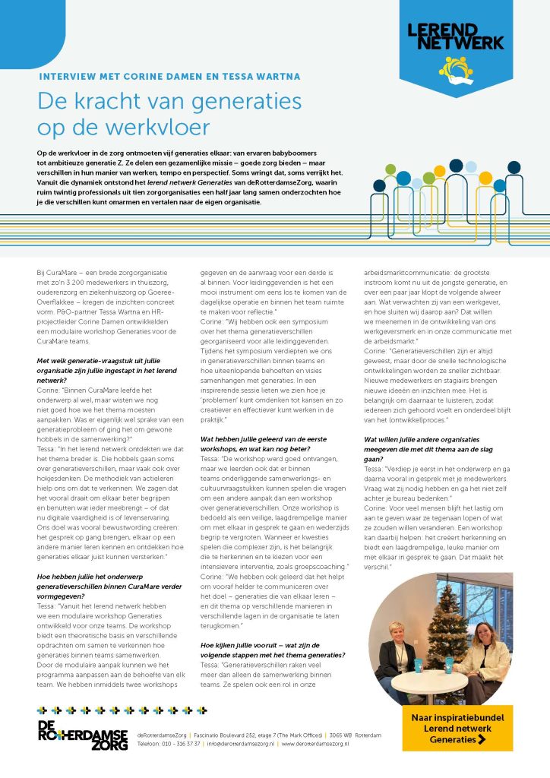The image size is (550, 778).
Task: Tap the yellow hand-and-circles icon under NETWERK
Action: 460,68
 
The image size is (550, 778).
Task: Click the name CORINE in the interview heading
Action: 139,77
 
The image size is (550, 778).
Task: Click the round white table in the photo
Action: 440,679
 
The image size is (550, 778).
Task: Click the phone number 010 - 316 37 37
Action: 179,744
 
